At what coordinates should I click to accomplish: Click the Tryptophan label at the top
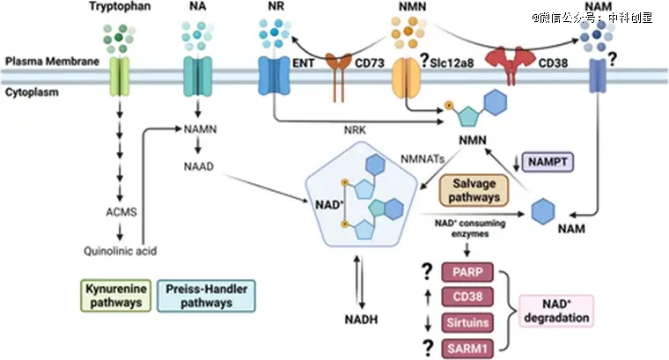pyautogui.click(x=119, y=8)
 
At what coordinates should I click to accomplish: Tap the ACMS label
pyautogui.click(x=118, y=212)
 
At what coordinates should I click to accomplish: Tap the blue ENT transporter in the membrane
pyautogui.click(x=271, y=76)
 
